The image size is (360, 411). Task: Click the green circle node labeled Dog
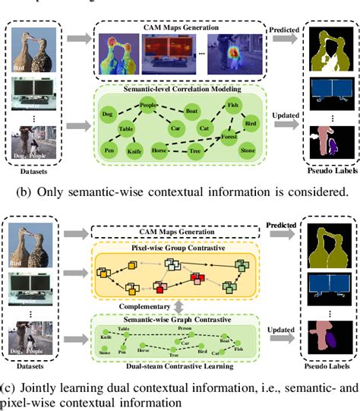(x=107, y=113)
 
